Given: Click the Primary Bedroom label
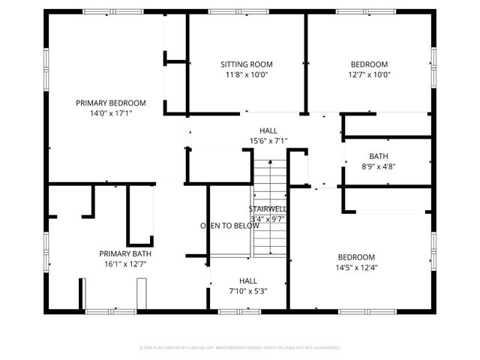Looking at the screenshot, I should [x=110, y=103].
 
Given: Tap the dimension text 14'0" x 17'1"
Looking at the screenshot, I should [x=110, y=113].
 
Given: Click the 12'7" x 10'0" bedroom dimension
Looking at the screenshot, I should [x=369, y=75].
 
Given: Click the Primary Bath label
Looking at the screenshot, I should [x=125, y=253].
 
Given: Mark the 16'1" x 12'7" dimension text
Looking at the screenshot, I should [x=125, y=264].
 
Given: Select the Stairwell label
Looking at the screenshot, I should [x=266, y=208].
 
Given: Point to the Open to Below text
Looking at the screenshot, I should [x=229, y=225].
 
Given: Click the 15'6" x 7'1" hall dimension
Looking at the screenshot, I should [x=268, y=141].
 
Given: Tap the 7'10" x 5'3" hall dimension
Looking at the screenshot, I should [x=248, y=291].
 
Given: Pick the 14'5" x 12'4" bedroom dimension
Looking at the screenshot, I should [x=356, y=268].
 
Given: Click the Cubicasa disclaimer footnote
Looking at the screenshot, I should [x=240, y=348].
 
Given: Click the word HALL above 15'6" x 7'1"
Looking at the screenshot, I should [x=268, y=130].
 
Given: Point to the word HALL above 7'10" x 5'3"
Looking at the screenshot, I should [x=248, y=280].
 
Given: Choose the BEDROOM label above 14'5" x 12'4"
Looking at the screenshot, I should [x=356, y=257].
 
